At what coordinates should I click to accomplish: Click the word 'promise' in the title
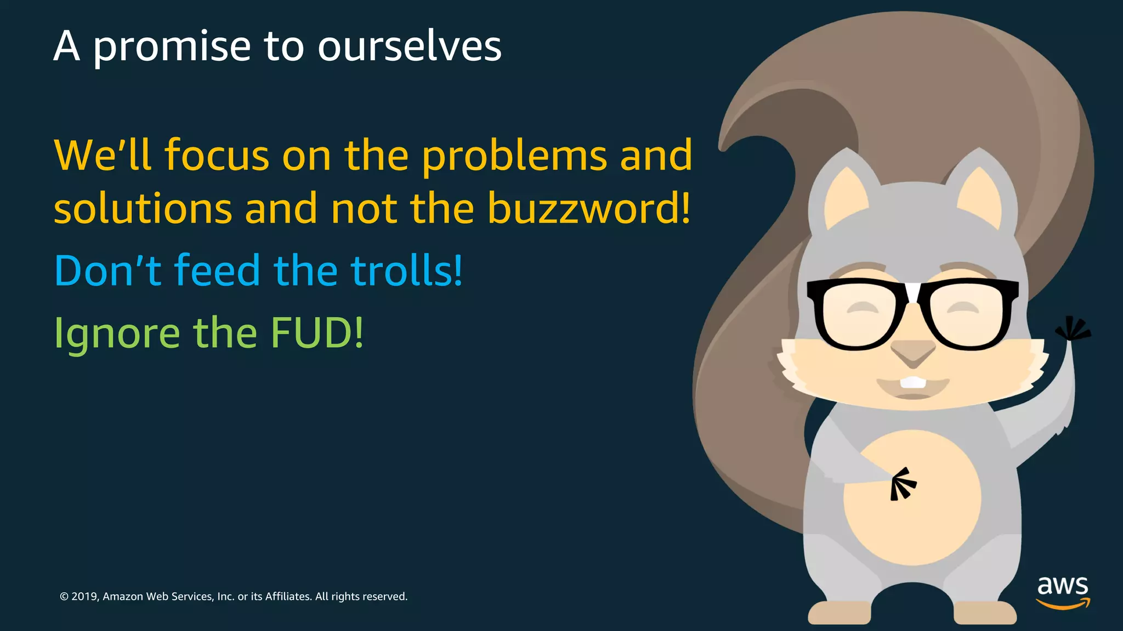pyautogui.click(x=172, y=47)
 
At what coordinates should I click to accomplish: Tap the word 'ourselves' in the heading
pyautogui.click(x=409, y=46)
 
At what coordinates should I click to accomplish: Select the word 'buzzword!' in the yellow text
pyautogui.click(x=589, y=209)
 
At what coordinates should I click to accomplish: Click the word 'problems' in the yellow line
pyautogui.click(x=514, y=156)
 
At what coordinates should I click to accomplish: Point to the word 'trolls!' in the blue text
pyautogui.click(x=406, y=271)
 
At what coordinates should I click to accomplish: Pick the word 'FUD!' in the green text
pyautogui.click(x=317, y=332)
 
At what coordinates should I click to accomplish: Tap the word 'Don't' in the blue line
pyautogui.click(x=107, y=271)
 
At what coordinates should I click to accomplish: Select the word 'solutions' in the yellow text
pyautogui.click(x=143, y=209)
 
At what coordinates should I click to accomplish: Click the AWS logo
pyautogui.click(x=1062, y=592)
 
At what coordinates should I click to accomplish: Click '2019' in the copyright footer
pyautogui.click(x=84, y=596)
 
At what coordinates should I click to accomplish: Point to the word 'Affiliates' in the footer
pyautogui.click(x=288, y=596)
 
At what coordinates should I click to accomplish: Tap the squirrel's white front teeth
pyautogui.click(x=912, y=382)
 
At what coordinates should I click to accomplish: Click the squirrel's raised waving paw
pyautogui.click(x=1072, y=330)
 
